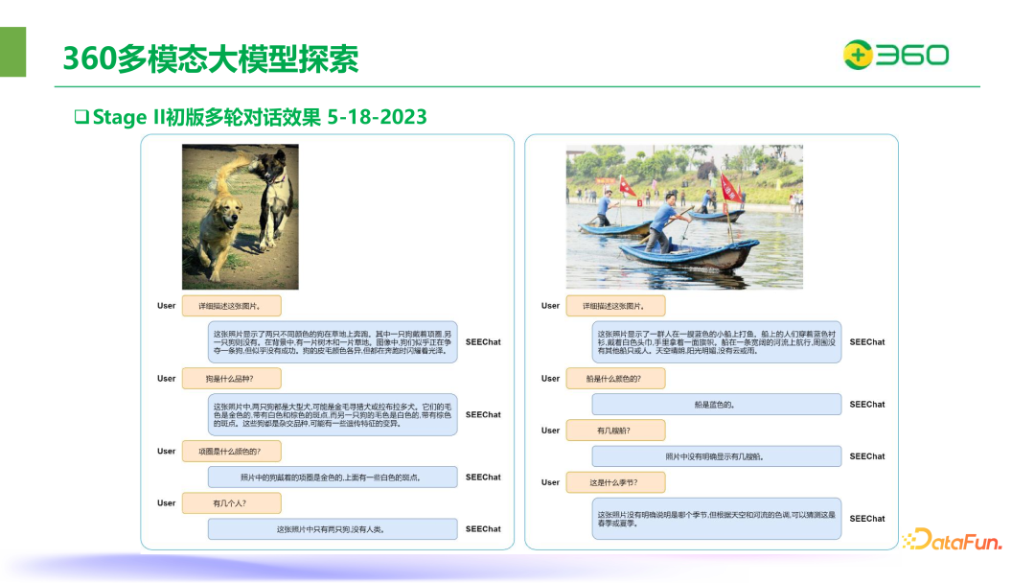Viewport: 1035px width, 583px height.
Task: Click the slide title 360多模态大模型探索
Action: pos(211,58)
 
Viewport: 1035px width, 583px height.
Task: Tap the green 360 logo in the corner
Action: pos(895,55)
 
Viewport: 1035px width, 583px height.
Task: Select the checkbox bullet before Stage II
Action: pos(81,117)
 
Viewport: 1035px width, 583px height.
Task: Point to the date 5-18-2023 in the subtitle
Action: pos(377,117)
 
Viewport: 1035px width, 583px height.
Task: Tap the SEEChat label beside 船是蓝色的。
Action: pos(866,405)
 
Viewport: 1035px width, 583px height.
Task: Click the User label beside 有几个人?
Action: pos(167,502)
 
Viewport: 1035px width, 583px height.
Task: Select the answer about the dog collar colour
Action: pos(331,477)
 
